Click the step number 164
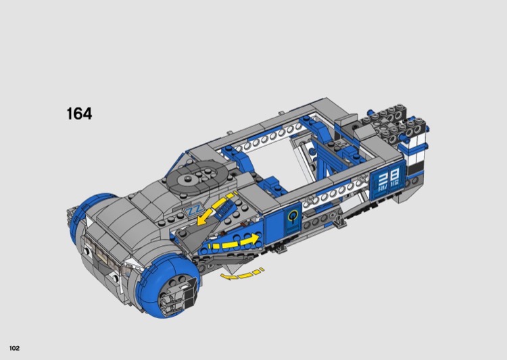tap(79, 113)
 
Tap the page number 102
tap(15, 348)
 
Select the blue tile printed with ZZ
tap(193, 210)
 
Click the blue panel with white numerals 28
tap(388, 180)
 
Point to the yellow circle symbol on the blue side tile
tap(293, 215)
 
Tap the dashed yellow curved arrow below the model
tap(241, 275)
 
